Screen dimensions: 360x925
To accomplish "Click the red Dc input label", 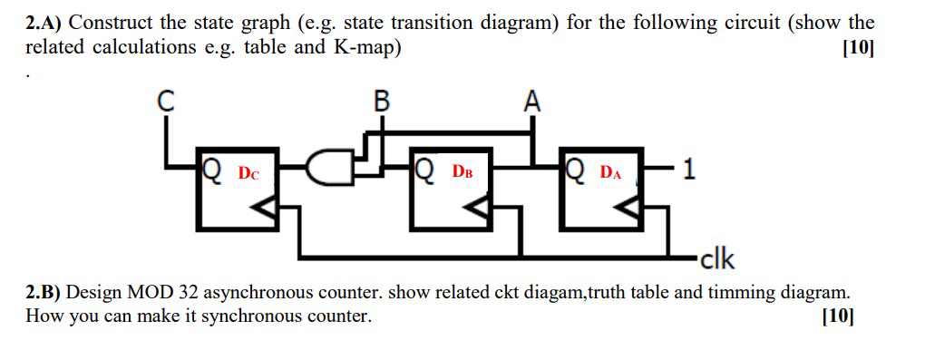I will (248, 172).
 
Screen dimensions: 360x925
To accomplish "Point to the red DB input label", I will (462, 170).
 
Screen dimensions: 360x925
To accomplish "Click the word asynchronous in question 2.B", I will (260, 294).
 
